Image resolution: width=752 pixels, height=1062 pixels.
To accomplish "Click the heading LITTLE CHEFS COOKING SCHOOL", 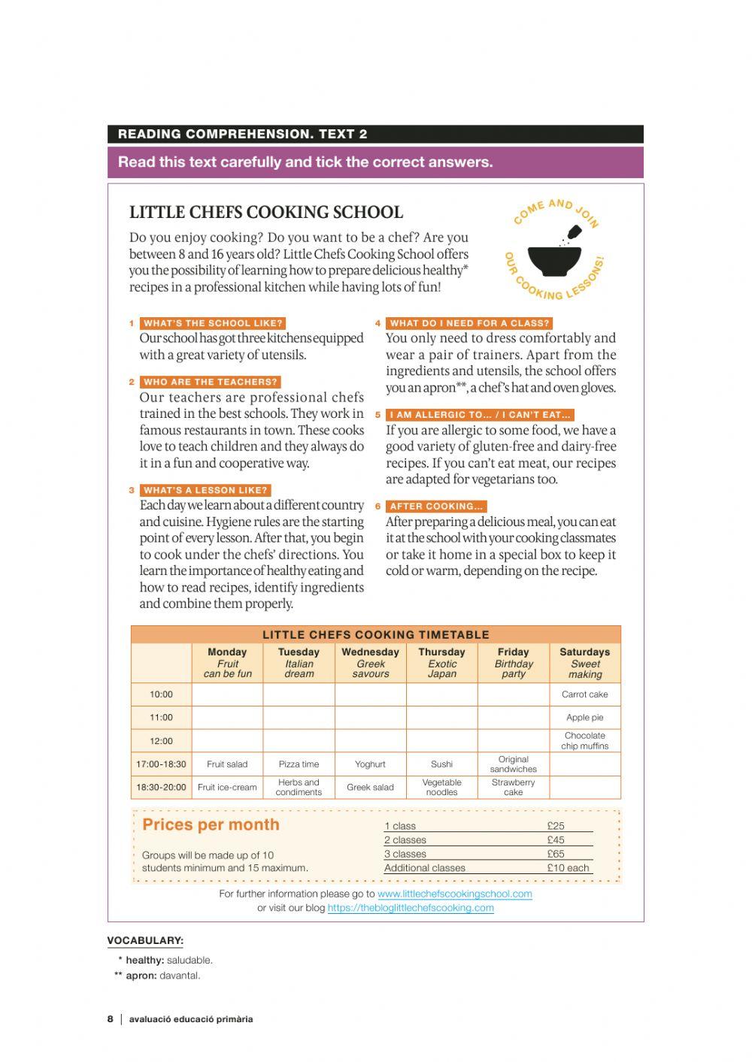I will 266,212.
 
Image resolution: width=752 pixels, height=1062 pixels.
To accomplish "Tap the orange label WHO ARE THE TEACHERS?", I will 211,382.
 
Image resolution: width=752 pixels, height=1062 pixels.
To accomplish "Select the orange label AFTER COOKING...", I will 436,507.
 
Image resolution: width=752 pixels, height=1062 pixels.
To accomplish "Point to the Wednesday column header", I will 370,662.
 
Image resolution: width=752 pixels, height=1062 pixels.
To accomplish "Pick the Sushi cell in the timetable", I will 441,764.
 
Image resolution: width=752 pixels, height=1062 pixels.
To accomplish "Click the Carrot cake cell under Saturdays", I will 584,694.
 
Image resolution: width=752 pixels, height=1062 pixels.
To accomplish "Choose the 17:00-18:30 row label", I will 161,764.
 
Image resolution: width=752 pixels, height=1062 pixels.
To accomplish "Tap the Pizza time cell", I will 299,764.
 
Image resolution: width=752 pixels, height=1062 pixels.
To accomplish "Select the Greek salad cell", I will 370,788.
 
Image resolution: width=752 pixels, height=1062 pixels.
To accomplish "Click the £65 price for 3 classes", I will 556,854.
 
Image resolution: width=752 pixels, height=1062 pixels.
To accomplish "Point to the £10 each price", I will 568,867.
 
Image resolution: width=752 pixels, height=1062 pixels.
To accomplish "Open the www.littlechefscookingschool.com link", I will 454,894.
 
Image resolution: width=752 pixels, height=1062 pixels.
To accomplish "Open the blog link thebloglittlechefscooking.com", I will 411,908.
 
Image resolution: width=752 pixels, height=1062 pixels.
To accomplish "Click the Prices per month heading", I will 211,824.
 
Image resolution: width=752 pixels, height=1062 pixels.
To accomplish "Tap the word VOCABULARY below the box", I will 145,940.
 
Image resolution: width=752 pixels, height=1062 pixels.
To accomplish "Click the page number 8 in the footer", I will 111,1019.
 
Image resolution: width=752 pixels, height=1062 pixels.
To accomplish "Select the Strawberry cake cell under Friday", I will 513,788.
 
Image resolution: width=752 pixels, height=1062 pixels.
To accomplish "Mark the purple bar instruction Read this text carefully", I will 305,162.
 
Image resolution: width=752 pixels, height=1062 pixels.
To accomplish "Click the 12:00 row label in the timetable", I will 161,741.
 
